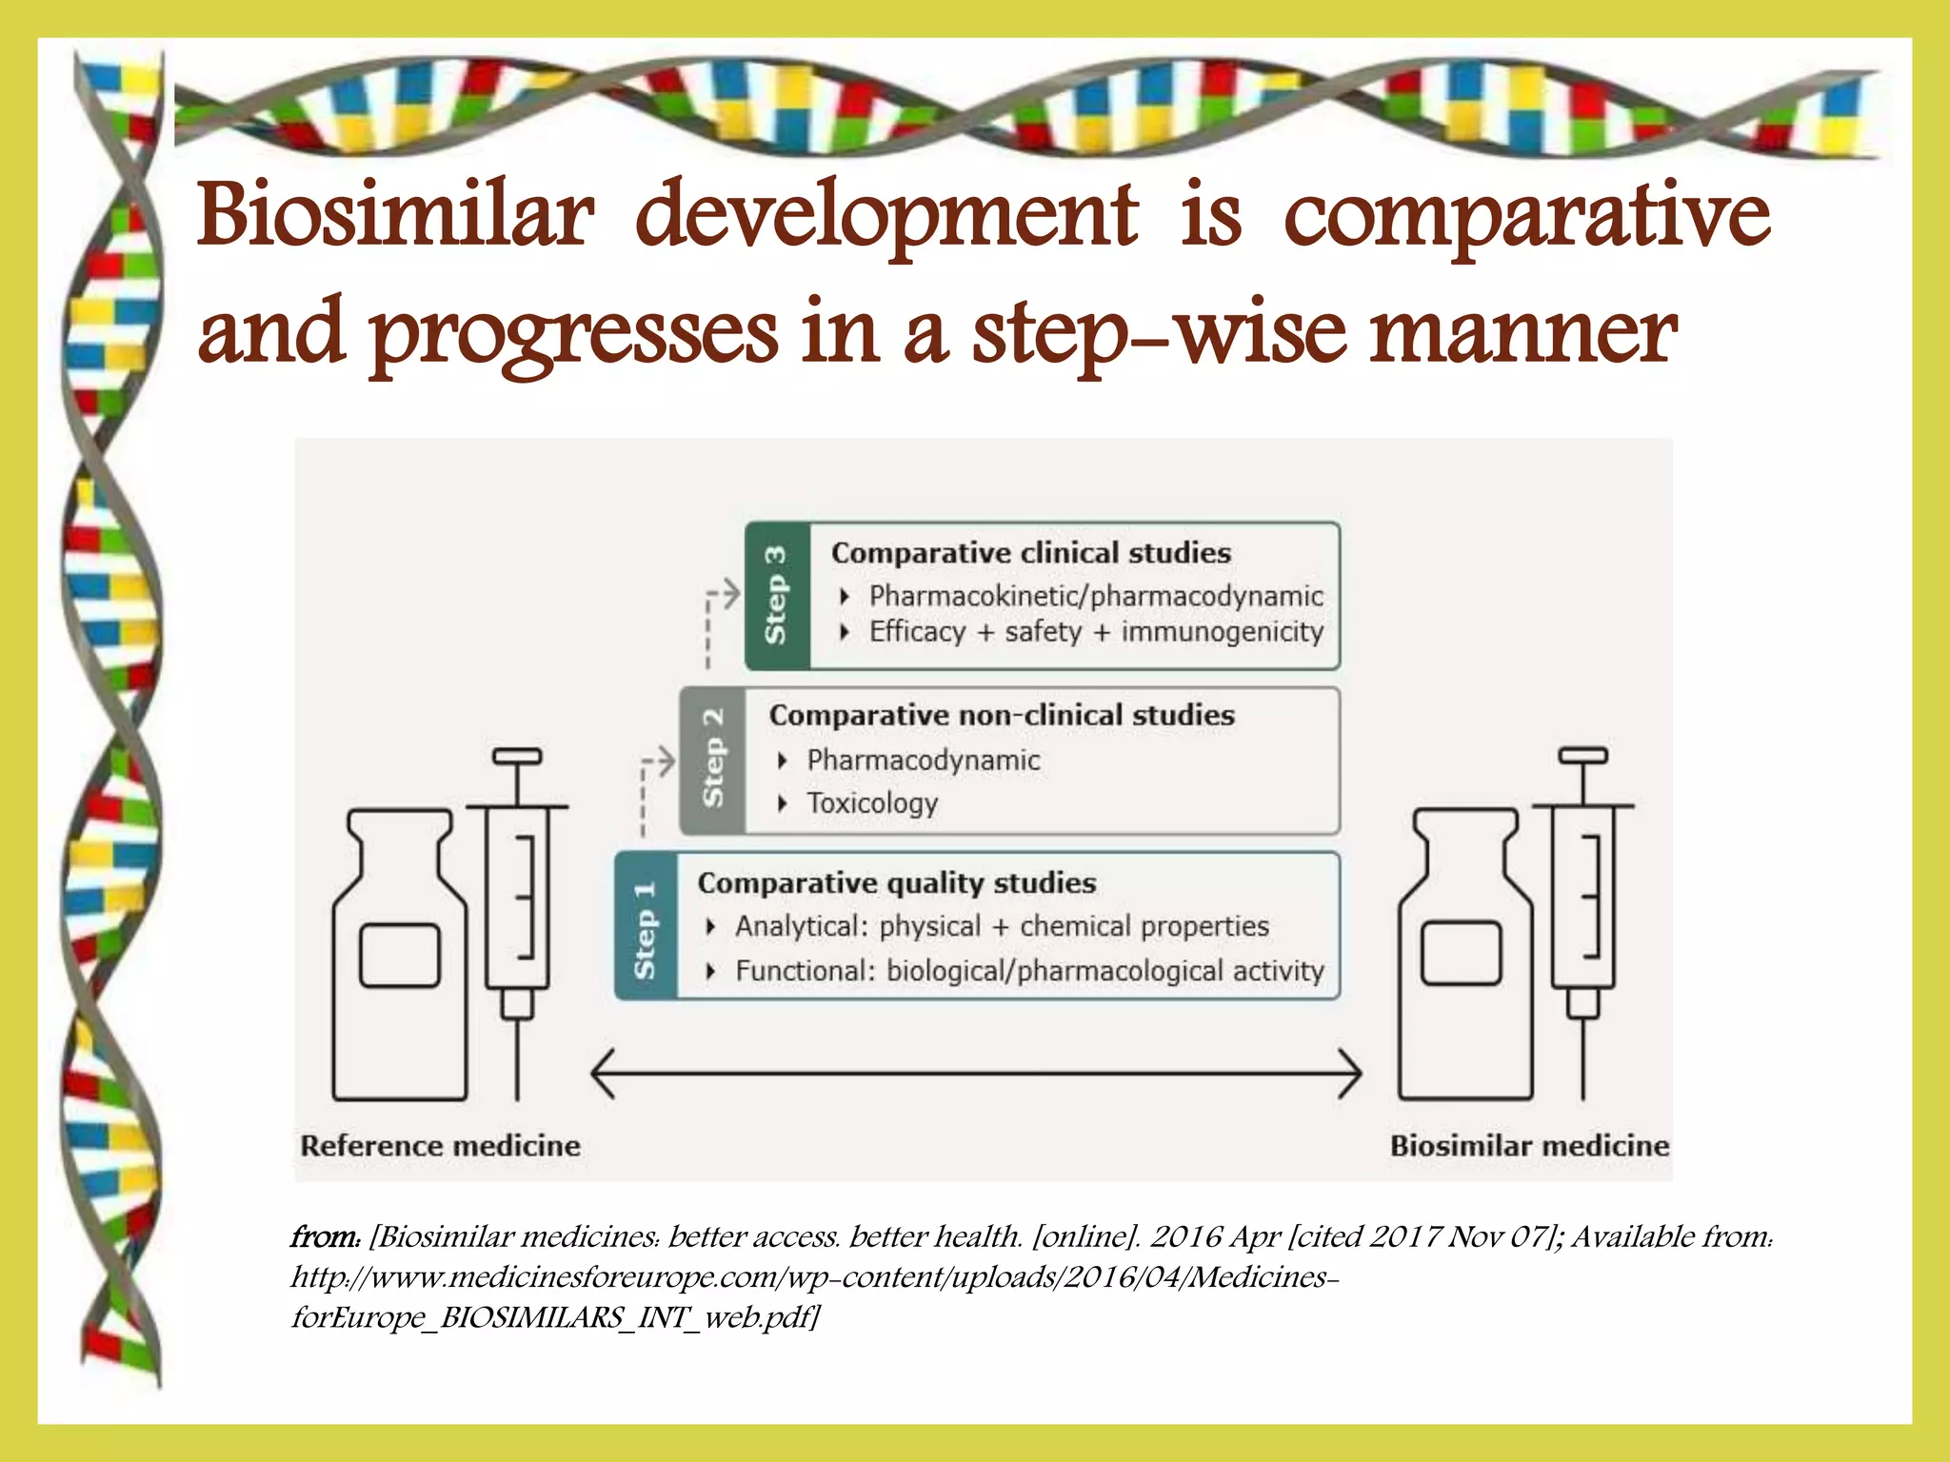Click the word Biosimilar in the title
click(395, 215)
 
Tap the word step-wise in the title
click(1159, 333)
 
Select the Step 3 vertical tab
click(777, 596)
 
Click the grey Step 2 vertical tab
click(712, 760)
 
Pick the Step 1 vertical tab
click(646, 926)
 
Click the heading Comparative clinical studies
click(1030, 553)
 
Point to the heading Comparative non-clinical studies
click(1001, 715)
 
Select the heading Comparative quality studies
click(896, 883)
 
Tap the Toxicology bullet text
click(872, 803)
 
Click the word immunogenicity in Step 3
click(1222, 632)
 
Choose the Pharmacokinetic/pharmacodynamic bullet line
click(1095, 596)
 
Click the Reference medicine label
click(440, 1145)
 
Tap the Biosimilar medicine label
click(1528, 1145)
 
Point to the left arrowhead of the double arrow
click(604, 1073)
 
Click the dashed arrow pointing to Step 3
click(720, 609)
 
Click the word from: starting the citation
click(325, 1237)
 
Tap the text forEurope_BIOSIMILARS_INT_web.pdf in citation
click(555, 1318)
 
